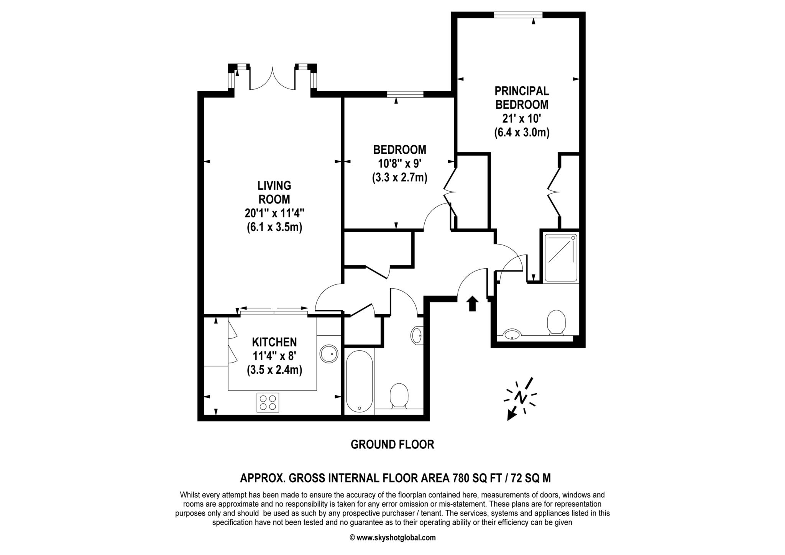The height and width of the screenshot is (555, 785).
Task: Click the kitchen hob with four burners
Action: point(268,402)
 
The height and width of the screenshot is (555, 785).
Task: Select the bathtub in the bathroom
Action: point(359,381)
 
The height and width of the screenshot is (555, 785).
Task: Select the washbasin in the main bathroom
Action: point(417,335)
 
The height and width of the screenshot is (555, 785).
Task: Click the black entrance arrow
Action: point(472,303)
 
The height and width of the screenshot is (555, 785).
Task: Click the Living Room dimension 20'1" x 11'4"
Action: point(274,213)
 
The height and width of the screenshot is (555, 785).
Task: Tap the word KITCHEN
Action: point(274,342)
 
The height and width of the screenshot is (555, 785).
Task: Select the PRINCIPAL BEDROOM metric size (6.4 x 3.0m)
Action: point(522,133)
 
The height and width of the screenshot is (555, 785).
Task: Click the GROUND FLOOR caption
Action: point(392,445)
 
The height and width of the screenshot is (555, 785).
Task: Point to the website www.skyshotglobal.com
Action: point(396,538)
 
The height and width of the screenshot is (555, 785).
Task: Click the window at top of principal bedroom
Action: point(518,15)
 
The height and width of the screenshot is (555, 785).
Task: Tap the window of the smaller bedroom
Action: point(405,94)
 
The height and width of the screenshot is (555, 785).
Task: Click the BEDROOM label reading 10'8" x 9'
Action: point(400,164)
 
